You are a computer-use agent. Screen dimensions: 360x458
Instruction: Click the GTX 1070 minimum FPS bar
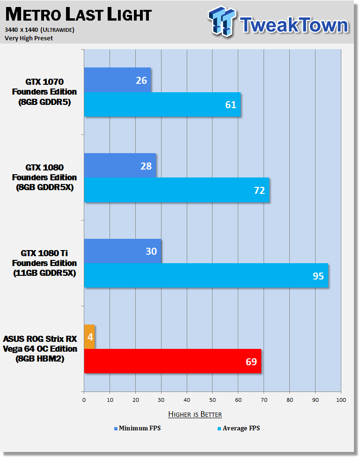point(118,80)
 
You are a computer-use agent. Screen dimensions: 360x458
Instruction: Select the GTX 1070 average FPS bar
point(162,104)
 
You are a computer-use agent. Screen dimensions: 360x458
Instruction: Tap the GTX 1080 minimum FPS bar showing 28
point(120,165)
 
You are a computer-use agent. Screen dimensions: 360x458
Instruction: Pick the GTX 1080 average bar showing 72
point(176,190)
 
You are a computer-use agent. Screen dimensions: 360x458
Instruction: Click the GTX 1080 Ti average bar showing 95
point(206,275)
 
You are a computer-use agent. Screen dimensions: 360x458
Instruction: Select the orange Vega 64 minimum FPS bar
point(89,337)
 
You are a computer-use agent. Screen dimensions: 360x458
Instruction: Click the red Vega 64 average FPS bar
point(173,361)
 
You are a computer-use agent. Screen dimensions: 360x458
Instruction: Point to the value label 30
point(151,251)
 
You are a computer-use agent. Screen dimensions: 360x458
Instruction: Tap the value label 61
point(231,104)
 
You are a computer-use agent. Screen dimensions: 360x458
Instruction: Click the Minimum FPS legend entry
point(137,428)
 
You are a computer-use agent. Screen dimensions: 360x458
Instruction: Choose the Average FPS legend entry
point(239,428)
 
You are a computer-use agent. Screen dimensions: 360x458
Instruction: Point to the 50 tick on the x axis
point(213,400)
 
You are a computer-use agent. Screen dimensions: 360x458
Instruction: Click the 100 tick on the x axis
point(341,400)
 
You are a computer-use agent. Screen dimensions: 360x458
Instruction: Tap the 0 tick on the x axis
point(84,400)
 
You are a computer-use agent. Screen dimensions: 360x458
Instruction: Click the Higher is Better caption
point(195,414)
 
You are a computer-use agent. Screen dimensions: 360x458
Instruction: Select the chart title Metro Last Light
point(79,15)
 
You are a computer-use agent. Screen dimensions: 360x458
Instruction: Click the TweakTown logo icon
point(222,21)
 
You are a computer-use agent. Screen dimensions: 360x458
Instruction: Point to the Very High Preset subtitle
point(29,38)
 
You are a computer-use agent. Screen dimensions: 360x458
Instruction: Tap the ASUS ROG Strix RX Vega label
point(40,349)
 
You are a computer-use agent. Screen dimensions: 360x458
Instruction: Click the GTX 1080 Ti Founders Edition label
point(44,263)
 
